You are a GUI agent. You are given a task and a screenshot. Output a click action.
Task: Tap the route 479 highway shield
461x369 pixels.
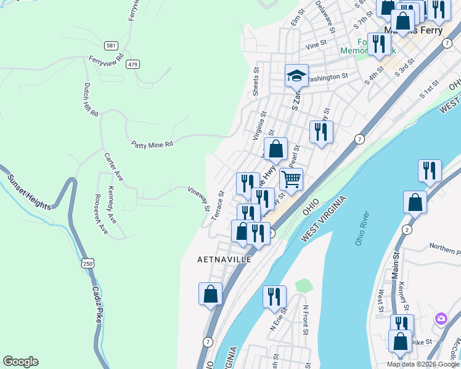(133, 64)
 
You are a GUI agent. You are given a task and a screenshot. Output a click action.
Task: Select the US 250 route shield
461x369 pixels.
(88, 263)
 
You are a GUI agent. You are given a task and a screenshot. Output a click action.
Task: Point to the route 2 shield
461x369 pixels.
(407, 229)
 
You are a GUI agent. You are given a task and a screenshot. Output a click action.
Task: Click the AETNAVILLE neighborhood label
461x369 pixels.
(224, 260)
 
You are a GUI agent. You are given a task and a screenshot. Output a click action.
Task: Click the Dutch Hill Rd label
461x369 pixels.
(90, 101)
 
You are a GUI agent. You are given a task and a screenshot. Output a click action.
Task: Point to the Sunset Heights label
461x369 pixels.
(29, 192)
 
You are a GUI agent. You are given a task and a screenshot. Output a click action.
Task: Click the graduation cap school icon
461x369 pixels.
(296, 76)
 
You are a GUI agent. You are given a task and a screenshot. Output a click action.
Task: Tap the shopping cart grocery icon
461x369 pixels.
(291, 180)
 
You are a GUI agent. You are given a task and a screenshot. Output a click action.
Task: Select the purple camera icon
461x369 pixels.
(441, 319)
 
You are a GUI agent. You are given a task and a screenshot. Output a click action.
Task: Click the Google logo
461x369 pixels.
(20, 362)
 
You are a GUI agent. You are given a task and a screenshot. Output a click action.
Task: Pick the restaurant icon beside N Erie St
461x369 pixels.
(274, 296)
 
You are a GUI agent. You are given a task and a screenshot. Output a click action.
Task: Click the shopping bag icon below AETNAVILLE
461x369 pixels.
(210, 293)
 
